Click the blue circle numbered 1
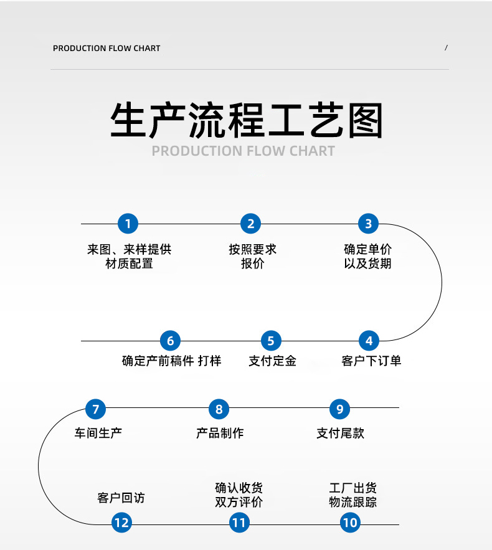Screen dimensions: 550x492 tap(128, 224)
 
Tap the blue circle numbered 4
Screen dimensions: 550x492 tap(369, 341)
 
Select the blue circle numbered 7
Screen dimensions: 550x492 tap(95, 409)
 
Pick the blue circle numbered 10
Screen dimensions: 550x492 tap(350, 523)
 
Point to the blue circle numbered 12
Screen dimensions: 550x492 tap(121, 523)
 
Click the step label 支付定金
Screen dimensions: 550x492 tap(272, 361)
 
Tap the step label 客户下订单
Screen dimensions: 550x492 tap(371, 361)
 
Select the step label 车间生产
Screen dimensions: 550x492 tap(98, 433)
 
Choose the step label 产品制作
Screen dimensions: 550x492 tap(219, 433)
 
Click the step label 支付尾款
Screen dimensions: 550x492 tap(340, 433)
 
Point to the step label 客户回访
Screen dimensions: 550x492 tap(121, 498)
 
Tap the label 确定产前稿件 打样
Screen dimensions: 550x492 tap(171, 361)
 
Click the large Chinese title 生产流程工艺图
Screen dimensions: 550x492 tap(246, 120)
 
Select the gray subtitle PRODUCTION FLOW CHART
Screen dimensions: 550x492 tap(244, 151)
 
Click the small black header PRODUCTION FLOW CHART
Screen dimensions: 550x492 tap(106, 48)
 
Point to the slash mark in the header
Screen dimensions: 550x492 tap(446, 48)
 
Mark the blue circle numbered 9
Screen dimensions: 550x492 tap(339, 409)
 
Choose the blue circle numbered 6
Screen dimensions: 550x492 tap(170, 341)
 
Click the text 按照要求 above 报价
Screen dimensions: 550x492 tap(252, 249)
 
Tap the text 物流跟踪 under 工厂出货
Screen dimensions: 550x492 tap(352, 502)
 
